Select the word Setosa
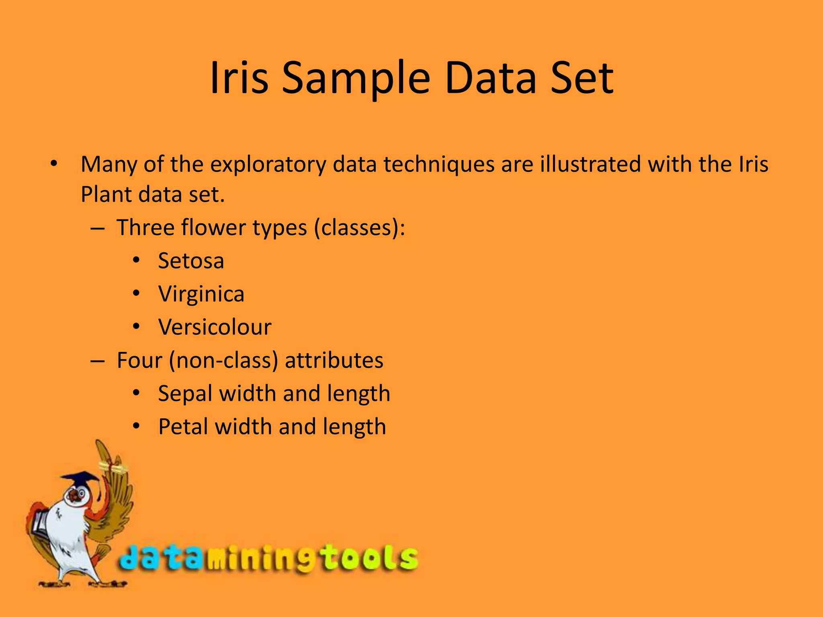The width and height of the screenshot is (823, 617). [191, 261]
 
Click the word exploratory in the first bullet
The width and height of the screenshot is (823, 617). [268, 165]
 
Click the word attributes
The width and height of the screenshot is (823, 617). [334, 360]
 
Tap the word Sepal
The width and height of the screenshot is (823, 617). [185, 394]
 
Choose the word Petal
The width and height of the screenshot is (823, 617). [183, 427]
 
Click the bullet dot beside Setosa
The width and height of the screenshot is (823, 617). [136, 260]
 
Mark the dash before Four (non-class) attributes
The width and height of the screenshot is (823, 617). [98, 360]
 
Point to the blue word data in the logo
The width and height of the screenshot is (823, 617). [161, 558]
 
